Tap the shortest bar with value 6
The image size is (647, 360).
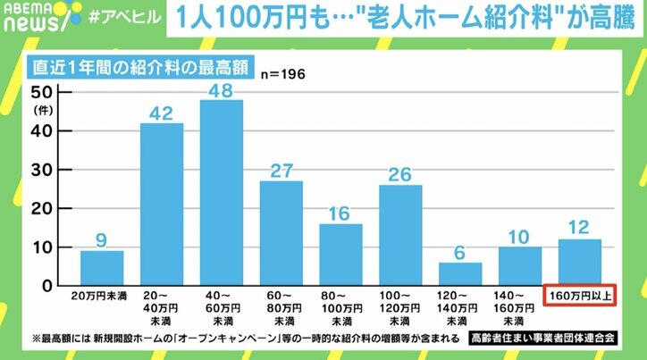(x=460, y=274)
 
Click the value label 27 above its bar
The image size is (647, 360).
(x=281, y=167)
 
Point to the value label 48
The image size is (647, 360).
(x=221, y=89)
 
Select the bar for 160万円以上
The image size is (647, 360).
(x=579, y=262)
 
